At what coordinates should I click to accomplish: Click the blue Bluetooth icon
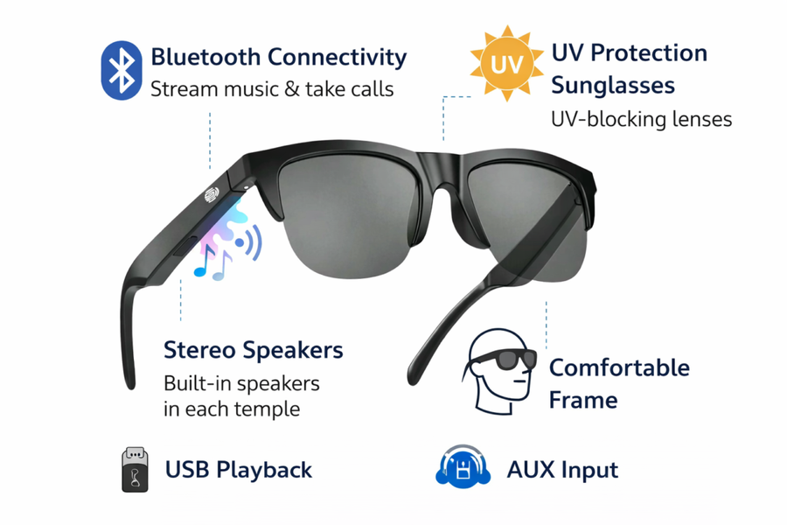[x=121, y=70]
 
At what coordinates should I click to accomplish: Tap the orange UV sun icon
[x=507, y=63]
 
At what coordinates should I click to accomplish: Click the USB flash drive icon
[x=135, y=469]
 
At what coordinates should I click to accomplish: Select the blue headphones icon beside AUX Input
[x=463, y=466]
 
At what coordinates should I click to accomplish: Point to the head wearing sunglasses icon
[x=499, y=371]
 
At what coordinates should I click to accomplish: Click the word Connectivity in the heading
[x=337, y=57]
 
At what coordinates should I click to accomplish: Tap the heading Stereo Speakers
[x=254, y=350]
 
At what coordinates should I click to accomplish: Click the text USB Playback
[x=239, y=470]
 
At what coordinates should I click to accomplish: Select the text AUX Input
[x=562, y=470]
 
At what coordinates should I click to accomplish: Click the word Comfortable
[x=619, y=367]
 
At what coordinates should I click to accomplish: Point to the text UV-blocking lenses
[x=642, y=120]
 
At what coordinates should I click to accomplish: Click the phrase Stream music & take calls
[x=272, y=89]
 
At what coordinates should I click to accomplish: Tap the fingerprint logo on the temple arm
[x=212, y=194]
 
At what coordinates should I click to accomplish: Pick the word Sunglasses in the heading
[x=613, y=86]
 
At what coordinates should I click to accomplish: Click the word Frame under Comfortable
[x=583, y=401]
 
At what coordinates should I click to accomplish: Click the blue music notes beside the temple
[x=212, y=263]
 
